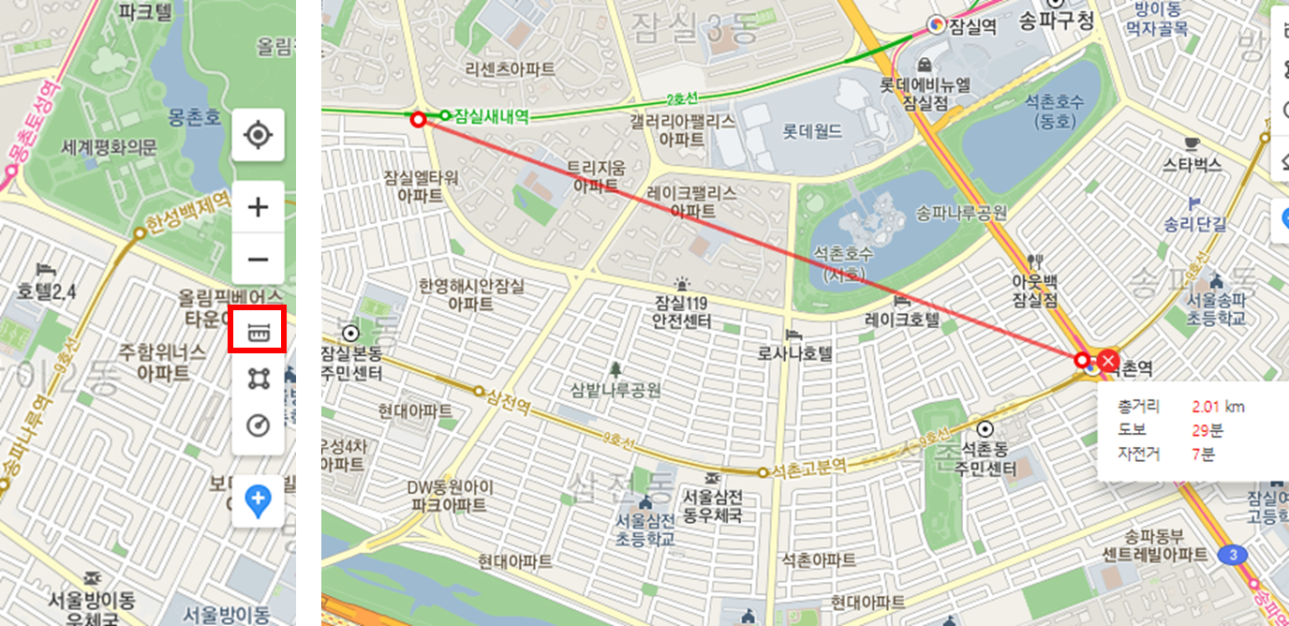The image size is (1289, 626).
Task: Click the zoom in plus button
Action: (258, 207)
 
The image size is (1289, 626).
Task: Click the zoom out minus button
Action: (258, 259)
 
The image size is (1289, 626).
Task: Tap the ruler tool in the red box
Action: (258, 330)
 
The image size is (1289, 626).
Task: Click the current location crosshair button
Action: (258, 135)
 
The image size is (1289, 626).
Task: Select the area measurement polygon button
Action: (258, 378)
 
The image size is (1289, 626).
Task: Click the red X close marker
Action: (1109, 361)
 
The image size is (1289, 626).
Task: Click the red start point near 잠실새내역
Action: (418, 119)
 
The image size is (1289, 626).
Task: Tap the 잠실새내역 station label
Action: (491, 117)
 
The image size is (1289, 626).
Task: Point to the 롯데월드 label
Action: (812, 131)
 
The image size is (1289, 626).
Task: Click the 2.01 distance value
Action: (1207, 407)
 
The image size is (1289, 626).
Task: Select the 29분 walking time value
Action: (1207, 431)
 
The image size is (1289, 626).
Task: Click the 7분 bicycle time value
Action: (1203, 455)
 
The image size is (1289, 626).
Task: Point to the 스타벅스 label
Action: (1192, 165)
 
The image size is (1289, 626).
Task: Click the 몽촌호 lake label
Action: (195, 116)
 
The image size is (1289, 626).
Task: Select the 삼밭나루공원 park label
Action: (615, 390)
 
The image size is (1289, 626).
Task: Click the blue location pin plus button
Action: (258, 500)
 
